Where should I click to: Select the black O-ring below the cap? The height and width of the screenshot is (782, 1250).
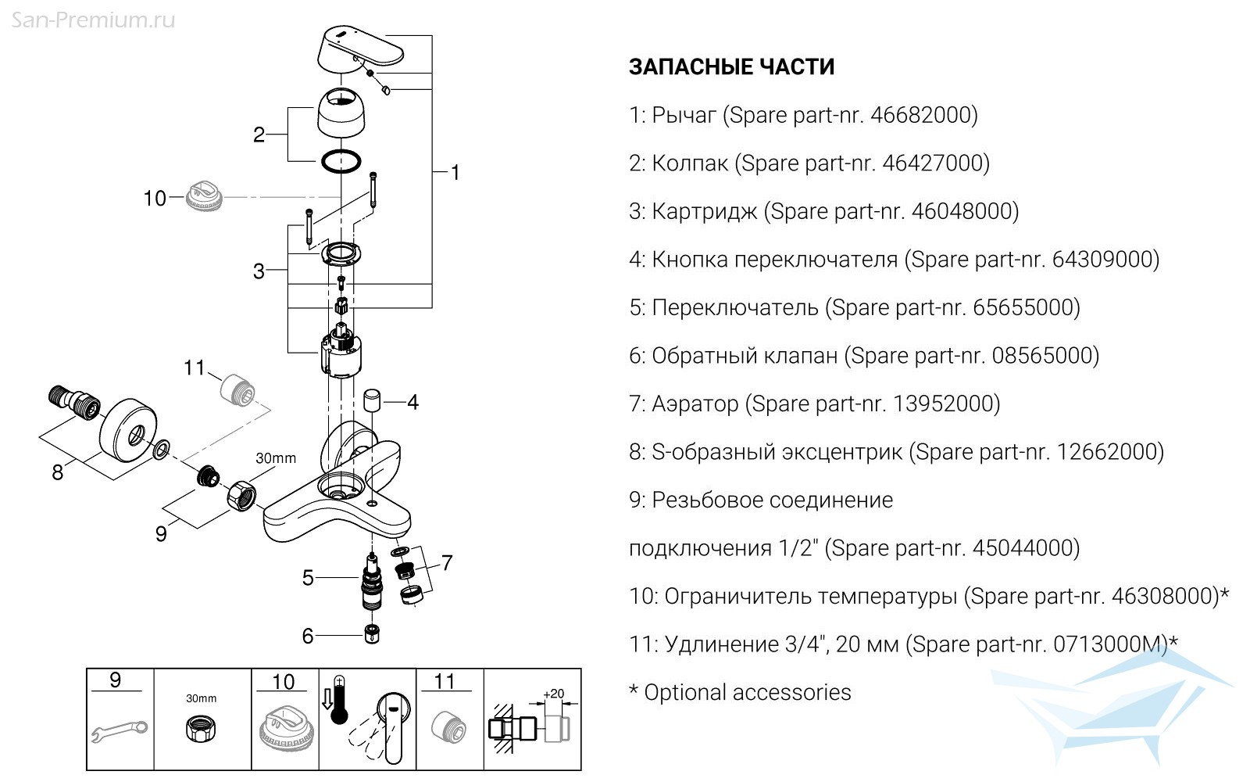coord(341,161)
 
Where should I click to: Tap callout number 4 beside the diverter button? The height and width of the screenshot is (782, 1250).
coord(412,403)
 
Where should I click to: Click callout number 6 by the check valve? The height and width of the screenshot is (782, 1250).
coord(308,636)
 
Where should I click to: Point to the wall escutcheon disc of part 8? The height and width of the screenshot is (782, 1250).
coord(130,429)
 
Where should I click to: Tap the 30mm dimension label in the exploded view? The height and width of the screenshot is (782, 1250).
coord(276,458)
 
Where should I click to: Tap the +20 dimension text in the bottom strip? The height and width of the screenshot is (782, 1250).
coord(553,694)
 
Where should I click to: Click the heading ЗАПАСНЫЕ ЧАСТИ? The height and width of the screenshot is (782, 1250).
coord(731,67)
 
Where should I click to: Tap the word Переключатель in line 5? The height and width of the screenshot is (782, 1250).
coord(734,308)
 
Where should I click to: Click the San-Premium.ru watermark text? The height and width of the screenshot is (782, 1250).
coord(93,20)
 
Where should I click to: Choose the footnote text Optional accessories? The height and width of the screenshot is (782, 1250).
coord(748,693)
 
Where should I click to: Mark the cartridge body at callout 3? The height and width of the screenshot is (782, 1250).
coord(342,353)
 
